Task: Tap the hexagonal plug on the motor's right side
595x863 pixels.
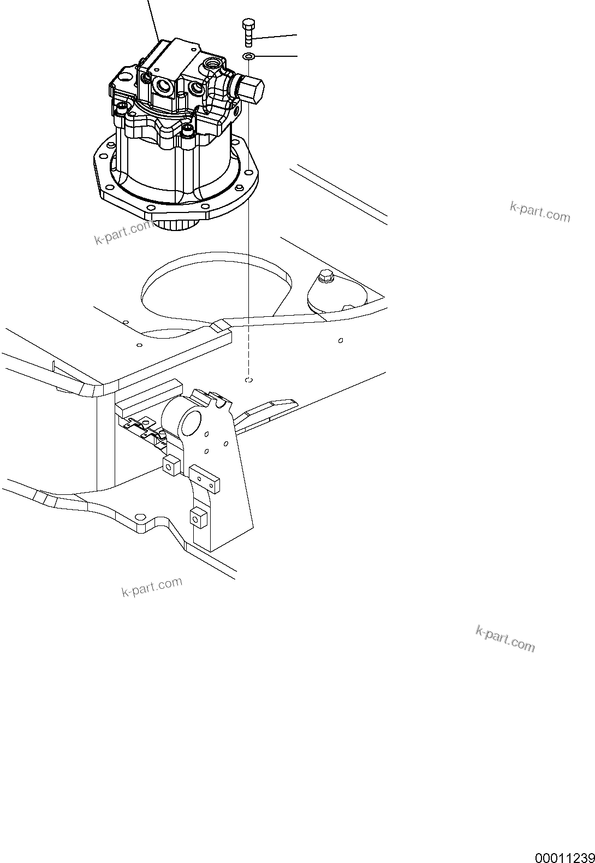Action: (252, 90)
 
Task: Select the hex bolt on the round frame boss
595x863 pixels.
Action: (324, 277)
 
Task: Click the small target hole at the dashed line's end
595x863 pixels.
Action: (248, 379)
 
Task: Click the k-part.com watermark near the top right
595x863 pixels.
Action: (539, 211)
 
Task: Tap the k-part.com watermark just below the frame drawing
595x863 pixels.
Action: (152, 587)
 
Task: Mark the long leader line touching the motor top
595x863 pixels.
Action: (153, 19)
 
